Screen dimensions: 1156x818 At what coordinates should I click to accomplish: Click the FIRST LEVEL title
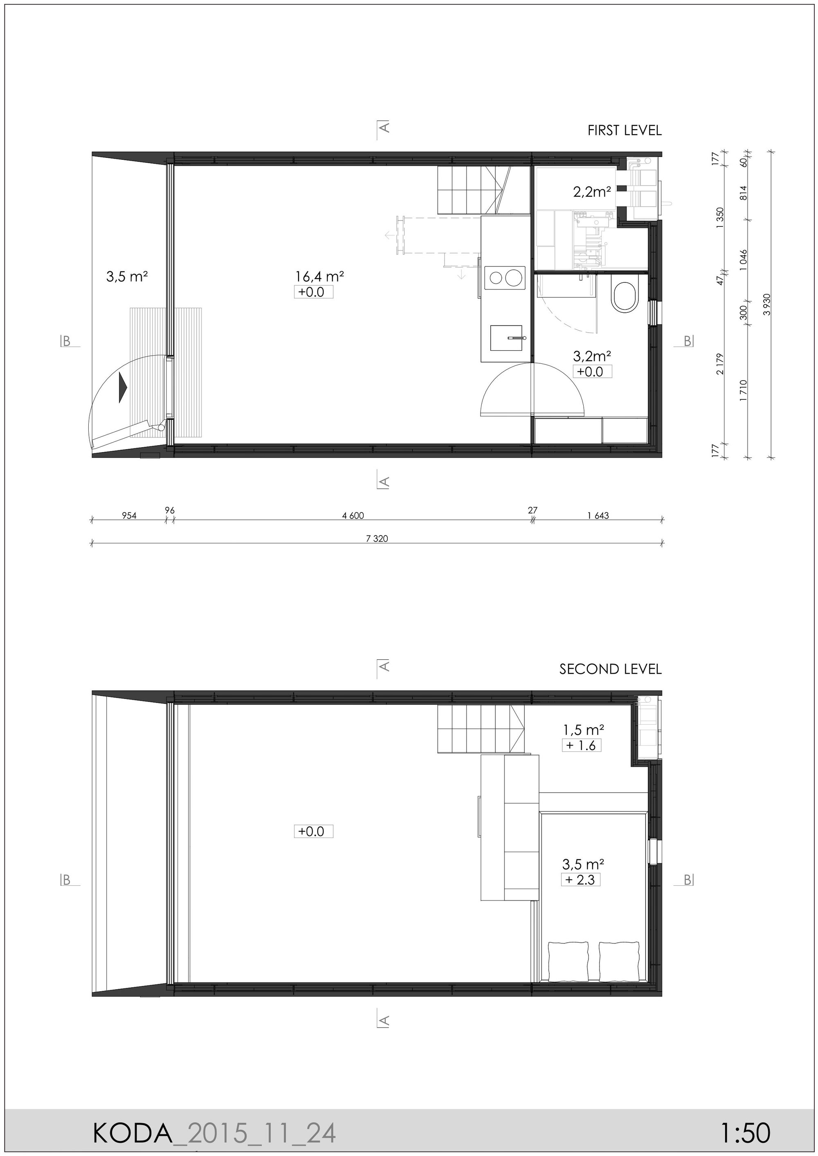pos(624,130)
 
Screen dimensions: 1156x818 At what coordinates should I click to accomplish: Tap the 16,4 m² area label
pos(319,276)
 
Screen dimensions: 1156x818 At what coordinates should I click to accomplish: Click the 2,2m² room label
pos(592,191)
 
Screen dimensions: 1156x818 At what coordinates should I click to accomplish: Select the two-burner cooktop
pos(505,278)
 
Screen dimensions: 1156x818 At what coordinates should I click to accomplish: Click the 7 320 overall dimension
pos(377,538)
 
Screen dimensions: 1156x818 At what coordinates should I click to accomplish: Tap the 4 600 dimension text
pos(353,515)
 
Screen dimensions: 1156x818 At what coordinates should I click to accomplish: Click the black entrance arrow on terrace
pos(122,387)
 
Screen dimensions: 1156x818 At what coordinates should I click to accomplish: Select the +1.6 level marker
pos(581,745)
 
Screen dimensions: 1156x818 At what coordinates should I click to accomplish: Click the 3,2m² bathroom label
pos(592,356)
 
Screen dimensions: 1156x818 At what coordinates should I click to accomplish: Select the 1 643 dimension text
pos(598,515)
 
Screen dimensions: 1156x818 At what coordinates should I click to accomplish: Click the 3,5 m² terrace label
pos(126,276)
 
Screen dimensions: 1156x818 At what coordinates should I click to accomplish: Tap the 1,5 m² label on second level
pos(583,729)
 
